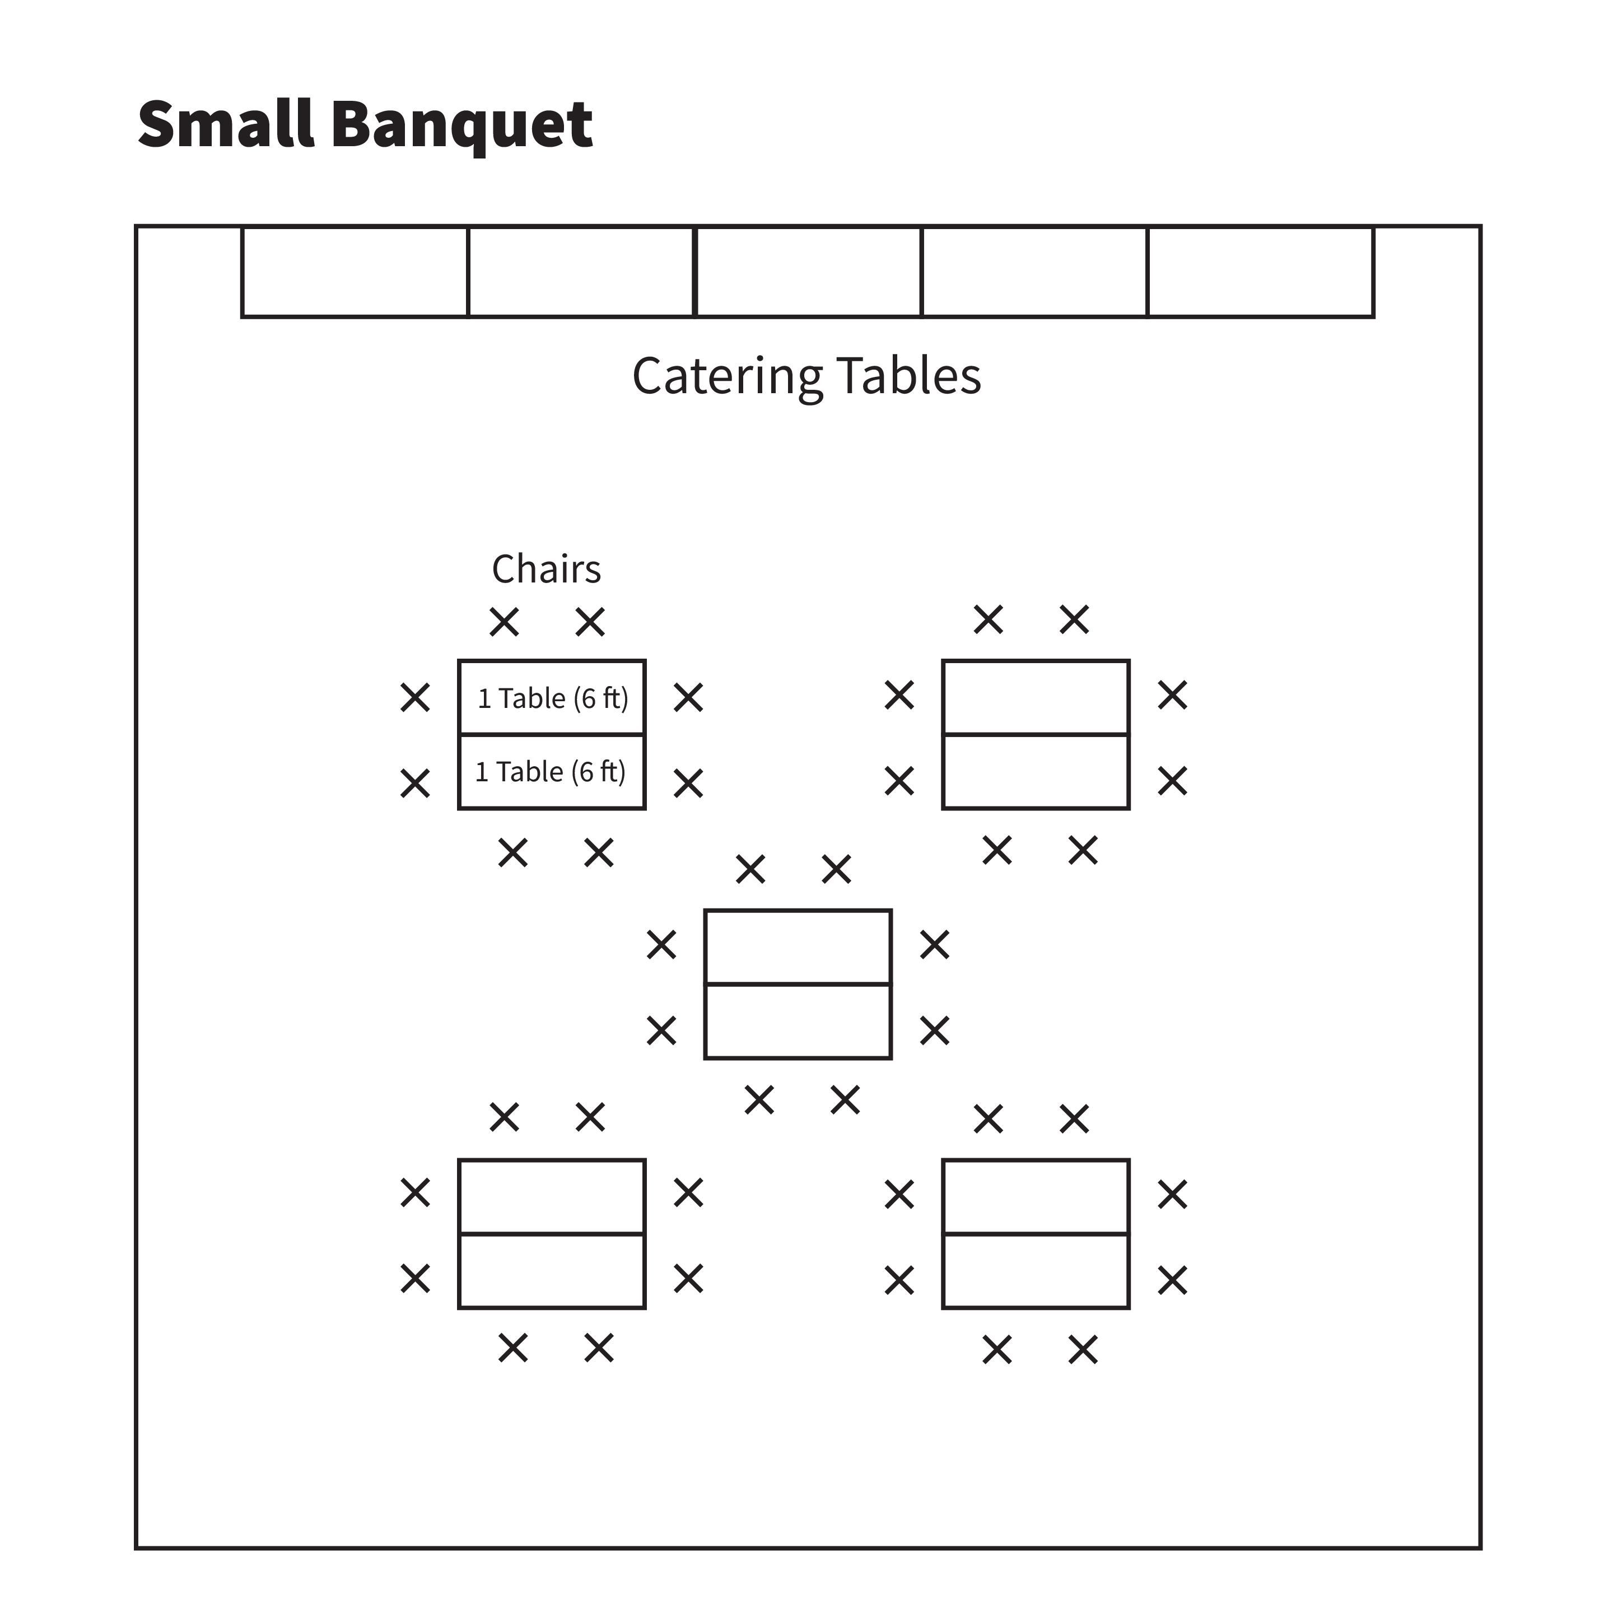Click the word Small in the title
(x=225, y=124)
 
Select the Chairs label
(x=546, y=570)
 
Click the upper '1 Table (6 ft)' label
(x=553, y=698)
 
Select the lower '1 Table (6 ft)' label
(x=550, y=771)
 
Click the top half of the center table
(x=798, y=947)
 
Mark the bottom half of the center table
(x=798, y=1021)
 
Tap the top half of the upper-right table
(x=1036, y=697)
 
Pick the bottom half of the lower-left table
(x=552, y=1271)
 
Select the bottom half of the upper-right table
(x=1036, y=771)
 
